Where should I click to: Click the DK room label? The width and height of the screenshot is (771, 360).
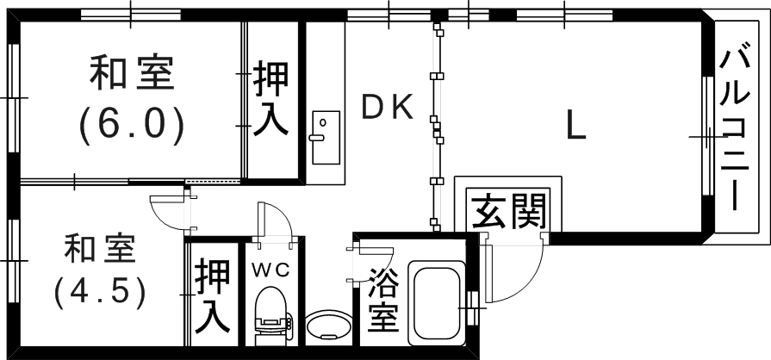coord(388,107)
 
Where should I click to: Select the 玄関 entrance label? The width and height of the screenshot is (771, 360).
coord(508,210)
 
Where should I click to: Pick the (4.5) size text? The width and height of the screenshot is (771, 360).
coord(98,293)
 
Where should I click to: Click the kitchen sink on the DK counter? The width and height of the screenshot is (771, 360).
coord(325,136)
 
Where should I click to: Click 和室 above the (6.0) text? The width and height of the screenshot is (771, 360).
coord(132,75)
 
